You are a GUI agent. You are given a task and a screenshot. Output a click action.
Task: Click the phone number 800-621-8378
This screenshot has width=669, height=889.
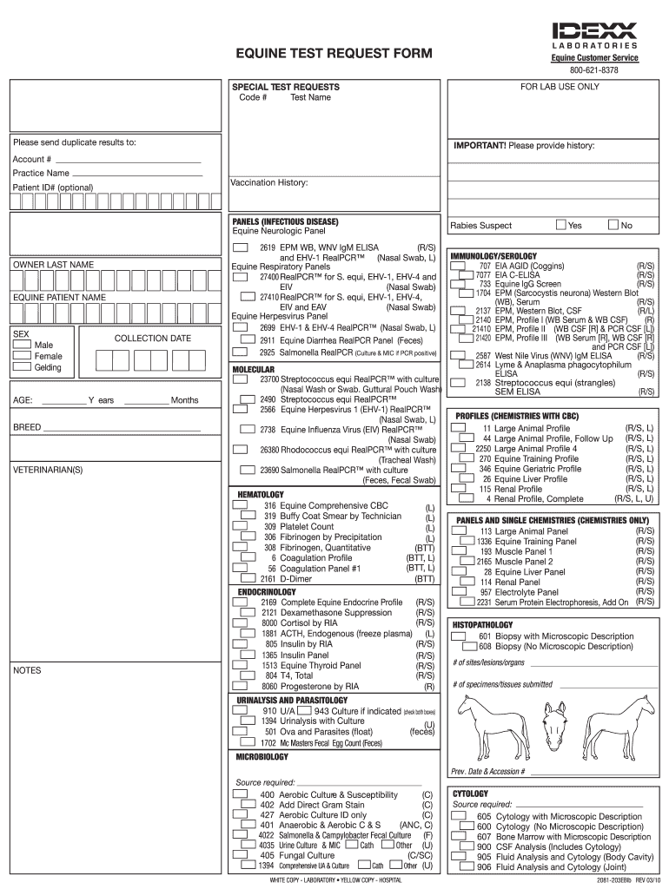[x=594, y=69]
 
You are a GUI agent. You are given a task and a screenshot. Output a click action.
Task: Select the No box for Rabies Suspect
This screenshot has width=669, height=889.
[x=614, y=225]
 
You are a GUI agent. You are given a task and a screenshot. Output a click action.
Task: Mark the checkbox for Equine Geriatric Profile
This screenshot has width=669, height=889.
[x=458, y=468]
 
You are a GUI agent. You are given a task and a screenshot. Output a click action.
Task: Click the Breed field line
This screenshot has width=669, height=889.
[x=122, y=430]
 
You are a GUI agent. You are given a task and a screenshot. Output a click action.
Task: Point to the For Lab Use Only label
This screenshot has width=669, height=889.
[x=560, y=87]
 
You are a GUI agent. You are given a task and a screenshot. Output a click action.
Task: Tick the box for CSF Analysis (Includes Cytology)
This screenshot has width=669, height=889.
[x=460, y=846]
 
